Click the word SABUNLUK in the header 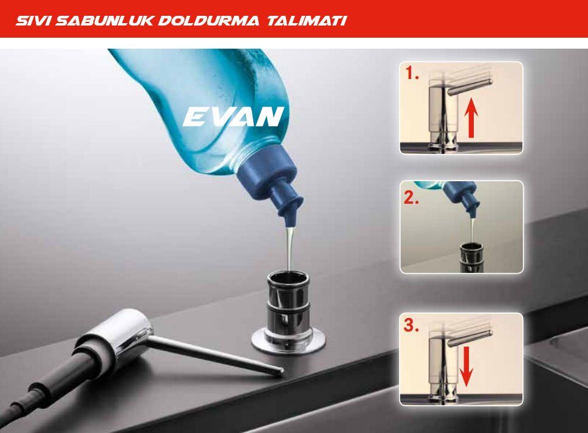tap(104, 20)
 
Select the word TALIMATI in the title tap(307, 20)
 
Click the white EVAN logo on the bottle tap(233, 116)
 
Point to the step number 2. tap(411, 198)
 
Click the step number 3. tap(411, 325)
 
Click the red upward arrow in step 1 tap(471, 120)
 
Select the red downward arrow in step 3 tap(466, 367)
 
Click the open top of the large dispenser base tap(288, 279)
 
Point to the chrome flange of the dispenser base tap(288, 340)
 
